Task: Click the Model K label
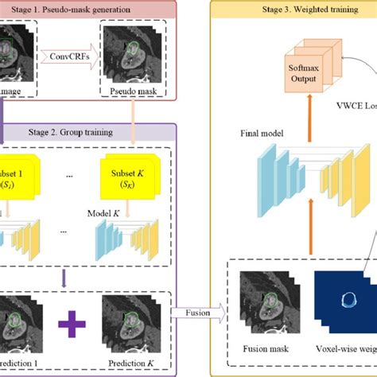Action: coord(107,213)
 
